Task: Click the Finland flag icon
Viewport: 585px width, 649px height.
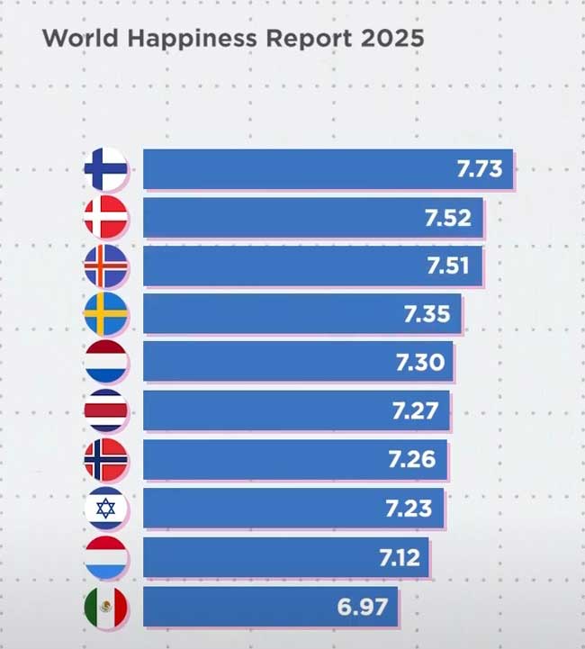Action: click(106, 168)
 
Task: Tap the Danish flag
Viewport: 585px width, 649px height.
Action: click(106, 217)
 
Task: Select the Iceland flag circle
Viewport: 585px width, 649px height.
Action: click(106, 266)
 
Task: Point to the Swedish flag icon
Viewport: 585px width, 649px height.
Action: click(106, 314)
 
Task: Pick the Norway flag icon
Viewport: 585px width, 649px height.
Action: click(106, 460)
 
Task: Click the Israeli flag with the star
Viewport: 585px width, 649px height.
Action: click(106, 509)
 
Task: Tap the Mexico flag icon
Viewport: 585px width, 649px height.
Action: click(106, 607)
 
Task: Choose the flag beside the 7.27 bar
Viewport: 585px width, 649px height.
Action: click(106, 411)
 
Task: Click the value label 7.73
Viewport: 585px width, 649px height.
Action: click(478, 168)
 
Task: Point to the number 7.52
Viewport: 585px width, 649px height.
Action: click(447, 217)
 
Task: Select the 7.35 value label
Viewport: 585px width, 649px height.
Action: click(427, 314)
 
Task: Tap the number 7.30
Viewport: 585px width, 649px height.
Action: click(418, 363)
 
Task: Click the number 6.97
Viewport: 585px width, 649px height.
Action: click(363, 607)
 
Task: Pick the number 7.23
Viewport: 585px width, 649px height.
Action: click(409, 509)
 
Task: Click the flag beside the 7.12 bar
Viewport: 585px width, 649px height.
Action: click(106, 557)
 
